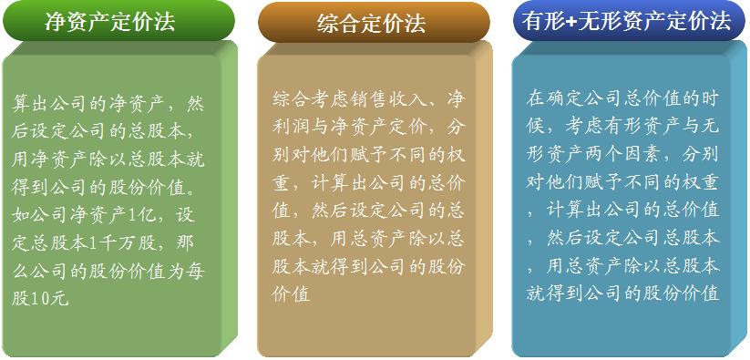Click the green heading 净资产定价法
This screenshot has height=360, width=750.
point(110,23)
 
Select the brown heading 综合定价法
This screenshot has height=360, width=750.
point(372,23)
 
